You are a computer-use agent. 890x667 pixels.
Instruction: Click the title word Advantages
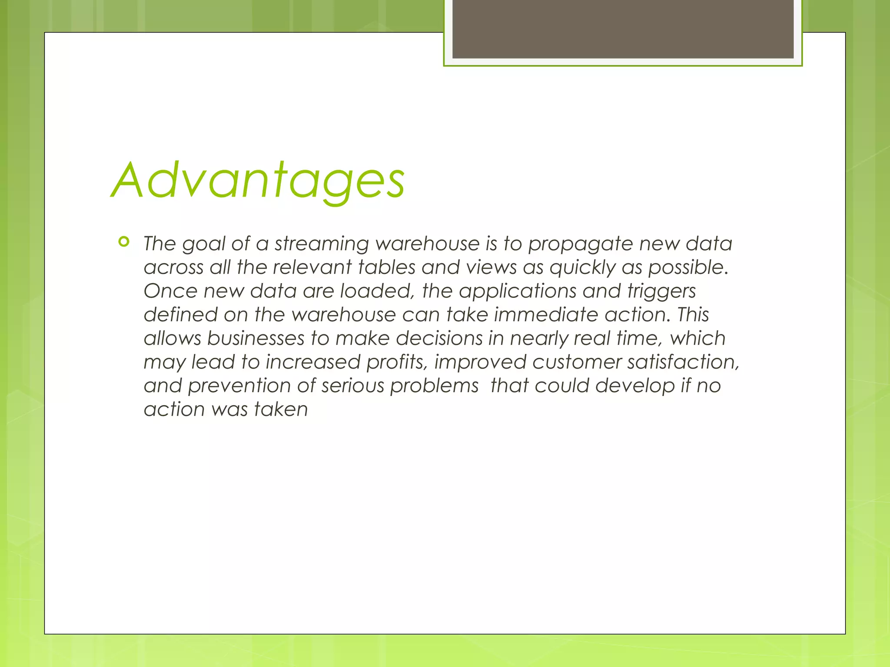point(258,180)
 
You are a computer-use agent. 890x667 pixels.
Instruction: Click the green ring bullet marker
point(124,242)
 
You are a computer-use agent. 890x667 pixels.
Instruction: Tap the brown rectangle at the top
point(623,29)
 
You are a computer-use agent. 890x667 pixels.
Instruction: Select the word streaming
point(322,244)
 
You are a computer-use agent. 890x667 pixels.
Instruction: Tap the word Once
point(170,291)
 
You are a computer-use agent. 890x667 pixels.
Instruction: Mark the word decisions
point(439,338)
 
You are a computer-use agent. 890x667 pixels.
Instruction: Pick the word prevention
point(239,386)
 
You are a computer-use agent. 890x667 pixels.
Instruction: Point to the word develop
point(634,386)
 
